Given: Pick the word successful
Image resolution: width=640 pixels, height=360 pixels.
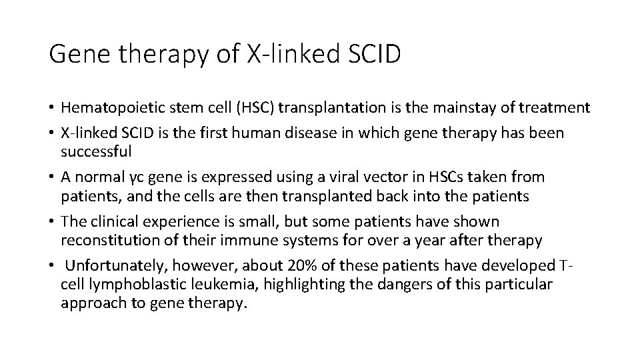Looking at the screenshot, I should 97,151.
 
